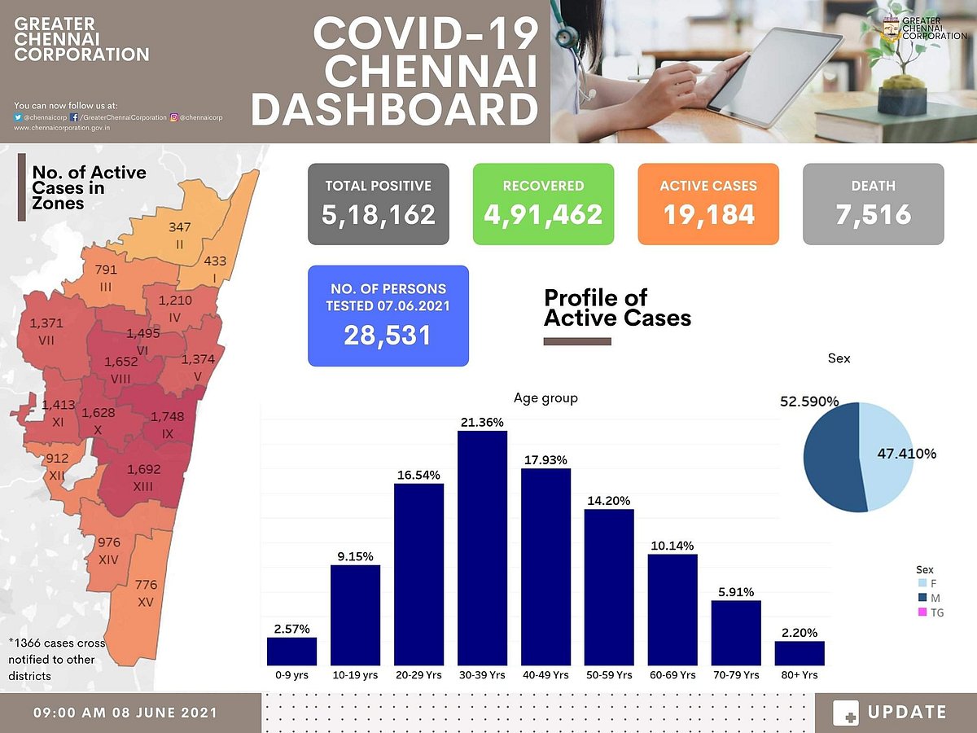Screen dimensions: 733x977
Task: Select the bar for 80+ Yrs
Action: [x=800, y=653]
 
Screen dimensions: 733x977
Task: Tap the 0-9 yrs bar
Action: [x=291, y=652]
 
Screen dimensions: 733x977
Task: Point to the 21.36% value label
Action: [x=482, y=422]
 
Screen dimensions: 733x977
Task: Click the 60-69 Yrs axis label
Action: [x=673, y=675]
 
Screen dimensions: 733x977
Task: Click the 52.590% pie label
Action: [x=809, y=402]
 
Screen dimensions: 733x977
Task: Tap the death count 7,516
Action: [x=873, y=214]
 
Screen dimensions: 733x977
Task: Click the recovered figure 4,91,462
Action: [x=543, y=214]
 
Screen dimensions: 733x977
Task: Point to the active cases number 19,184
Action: [x=708, y=214]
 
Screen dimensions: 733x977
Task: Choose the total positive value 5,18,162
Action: [x=379, y=214]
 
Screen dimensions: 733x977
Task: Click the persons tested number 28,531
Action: [x=388, y=335]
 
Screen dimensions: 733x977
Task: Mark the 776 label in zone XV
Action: [x=147, y=585]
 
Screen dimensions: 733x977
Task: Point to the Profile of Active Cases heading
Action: [x=617, y=307]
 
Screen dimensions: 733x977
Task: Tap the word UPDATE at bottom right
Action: [x=907, y=713]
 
